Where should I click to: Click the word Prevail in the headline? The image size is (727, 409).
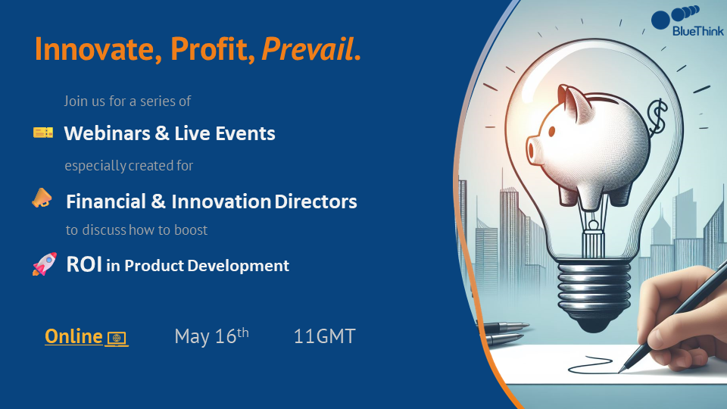click(307, 48)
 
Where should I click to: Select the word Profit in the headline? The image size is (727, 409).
click(212, 48)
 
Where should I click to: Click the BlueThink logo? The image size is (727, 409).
click(688, 21)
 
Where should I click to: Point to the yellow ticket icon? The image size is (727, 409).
click(43, 133)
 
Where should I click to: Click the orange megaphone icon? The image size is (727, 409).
click(42, 198)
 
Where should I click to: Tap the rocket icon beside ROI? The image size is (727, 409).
click(45, 264)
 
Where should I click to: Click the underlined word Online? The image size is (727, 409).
click(73, 336)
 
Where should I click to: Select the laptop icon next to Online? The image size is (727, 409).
click(117, 339)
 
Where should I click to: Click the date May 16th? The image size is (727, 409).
click(211, 336)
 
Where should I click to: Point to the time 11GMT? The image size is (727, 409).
click(325, 336)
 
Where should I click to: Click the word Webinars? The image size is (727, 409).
click(107, 133)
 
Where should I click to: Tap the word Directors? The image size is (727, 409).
click(316, 201)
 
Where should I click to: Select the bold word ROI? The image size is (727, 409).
click(84, 264)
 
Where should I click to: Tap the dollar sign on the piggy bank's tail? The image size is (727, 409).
click(657, 116)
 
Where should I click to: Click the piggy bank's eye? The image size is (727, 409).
click(552, 132)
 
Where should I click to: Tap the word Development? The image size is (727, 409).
click(239, 266)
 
